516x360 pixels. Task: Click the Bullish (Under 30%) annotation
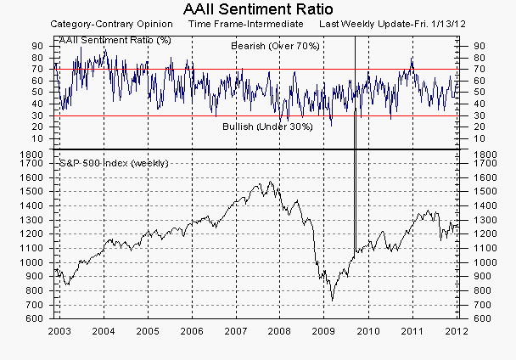[267, 127]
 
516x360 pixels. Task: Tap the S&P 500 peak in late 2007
[269, 182]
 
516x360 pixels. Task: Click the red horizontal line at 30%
[170, 115]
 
